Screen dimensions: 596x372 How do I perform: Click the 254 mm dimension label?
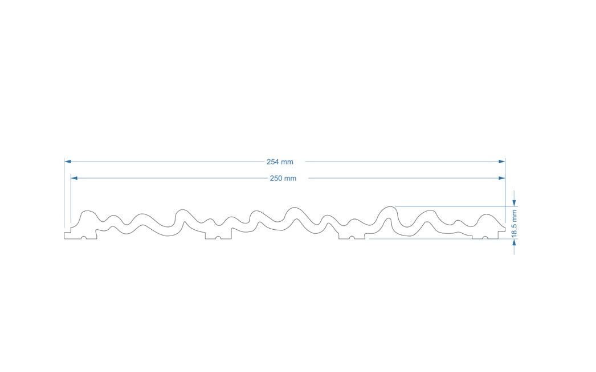(x=280, y=162)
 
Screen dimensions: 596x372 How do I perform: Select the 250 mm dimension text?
(x=283, y=179)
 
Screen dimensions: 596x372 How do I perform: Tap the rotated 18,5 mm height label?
(x=515, y=224)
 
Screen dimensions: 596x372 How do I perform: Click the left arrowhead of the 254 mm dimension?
(x=68, y=162)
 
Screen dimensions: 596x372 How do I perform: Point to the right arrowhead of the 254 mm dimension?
(x=502, y=162)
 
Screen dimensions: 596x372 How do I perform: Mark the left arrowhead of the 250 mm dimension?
(x=74, y=178)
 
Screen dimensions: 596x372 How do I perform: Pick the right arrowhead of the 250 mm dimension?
(x=502, y=178)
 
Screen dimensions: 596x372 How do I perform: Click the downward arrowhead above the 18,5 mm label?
(x=515, y=203)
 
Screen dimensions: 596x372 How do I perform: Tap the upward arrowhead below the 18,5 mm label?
(x=515, y=242)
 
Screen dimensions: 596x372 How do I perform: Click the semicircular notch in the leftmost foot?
(x=84, y=238)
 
